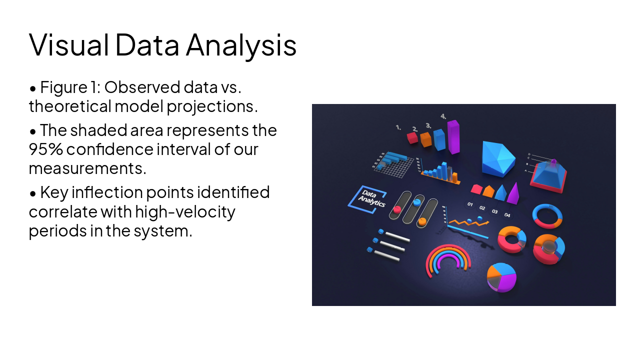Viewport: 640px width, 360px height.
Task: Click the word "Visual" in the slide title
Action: [x=69, y=44]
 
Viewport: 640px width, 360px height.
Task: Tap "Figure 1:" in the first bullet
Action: [x=70, y=87]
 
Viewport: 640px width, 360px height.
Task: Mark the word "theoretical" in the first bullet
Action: [x=69, y=106]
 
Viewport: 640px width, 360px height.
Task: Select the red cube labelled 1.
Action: [x=412, y=137]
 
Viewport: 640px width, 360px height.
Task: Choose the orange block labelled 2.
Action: [x=426, y=139]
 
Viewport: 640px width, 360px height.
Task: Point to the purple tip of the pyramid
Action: [x=553, y=162]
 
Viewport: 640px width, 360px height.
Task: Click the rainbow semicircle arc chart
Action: [x=448, y=260]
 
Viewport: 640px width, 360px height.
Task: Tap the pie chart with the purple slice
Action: [x=501, y=276]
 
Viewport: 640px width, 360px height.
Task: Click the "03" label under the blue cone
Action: [x=494, y=211]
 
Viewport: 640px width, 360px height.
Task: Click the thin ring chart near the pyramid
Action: [x=547, y=216]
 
